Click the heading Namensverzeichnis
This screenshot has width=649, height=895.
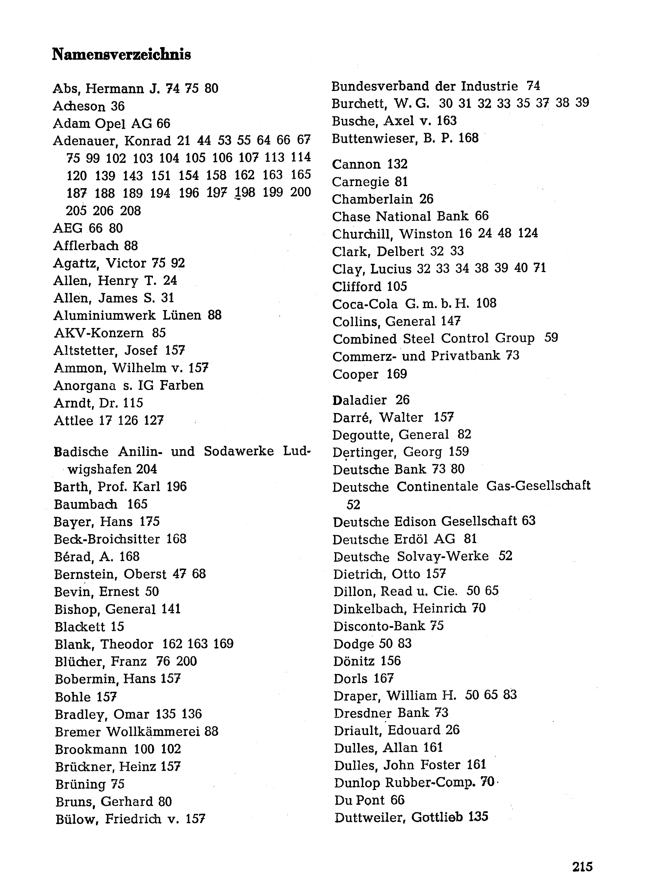[x=121, y=54]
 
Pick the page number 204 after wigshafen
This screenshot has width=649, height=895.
[x=146, y=469]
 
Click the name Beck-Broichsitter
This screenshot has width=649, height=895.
[x=107, y=539]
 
